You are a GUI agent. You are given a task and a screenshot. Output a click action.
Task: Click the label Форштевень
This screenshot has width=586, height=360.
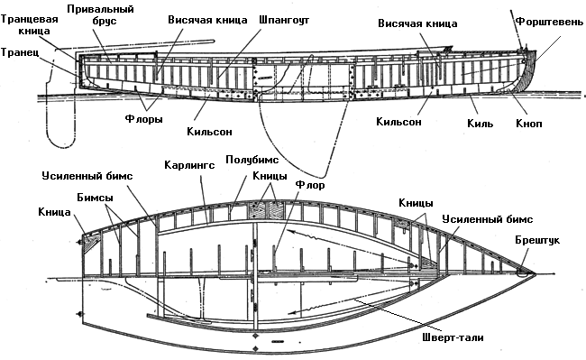tap(549, 22)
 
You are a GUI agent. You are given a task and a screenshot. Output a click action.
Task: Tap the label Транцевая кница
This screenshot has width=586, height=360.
tap(29, 24)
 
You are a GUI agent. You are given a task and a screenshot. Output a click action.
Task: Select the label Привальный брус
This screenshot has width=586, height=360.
tap(101, 15)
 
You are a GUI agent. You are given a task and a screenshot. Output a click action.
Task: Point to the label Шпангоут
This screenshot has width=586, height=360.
tap(284, 20)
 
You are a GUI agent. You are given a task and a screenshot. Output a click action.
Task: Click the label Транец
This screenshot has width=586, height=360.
tap(20, 52)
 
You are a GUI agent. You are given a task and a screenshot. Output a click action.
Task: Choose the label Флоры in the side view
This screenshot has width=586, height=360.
tap(144, 119)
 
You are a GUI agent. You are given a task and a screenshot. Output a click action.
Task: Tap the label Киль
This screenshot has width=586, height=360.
tap(480, 124)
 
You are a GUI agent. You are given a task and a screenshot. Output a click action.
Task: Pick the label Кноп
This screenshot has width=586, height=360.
tap(529, 124)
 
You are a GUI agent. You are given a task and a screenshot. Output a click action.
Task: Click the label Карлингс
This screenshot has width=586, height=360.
tap(189, 165)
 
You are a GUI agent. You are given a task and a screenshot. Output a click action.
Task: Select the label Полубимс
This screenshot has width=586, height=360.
tap(252, 160)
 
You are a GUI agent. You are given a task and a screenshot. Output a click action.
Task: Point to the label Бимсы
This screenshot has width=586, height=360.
tap(95, 198)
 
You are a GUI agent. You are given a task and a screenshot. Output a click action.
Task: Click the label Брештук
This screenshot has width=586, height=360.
tap(537, 240)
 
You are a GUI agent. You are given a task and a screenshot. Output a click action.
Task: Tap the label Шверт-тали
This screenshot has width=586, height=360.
tap(453, 337)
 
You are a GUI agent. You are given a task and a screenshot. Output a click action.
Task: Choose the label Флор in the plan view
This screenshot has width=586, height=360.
tap(310, 185)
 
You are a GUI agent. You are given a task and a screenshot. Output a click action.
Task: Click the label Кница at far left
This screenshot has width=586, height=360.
tap(54, 212)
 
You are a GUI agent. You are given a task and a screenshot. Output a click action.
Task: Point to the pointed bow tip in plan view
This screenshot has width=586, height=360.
tap(536, 274)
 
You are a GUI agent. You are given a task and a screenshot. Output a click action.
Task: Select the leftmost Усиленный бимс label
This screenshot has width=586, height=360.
tap(87, 176)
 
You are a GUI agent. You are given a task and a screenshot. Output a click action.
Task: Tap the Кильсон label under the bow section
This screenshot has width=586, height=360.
tap(398, 122)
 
